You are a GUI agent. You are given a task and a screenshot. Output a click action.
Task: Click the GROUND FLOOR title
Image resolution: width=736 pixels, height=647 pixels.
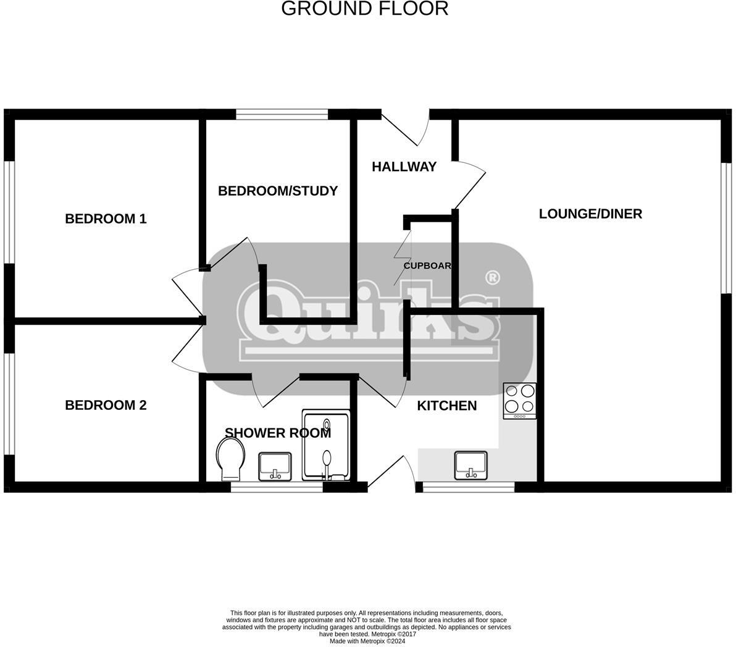click(x=364, y=9)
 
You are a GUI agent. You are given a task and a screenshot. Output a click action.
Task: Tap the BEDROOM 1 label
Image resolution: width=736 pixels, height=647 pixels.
click(x=106, y=219)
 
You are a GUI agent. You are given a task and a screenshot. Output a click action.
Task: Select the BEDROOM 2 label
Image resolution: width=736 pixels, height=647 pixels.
click(x=106, y=405)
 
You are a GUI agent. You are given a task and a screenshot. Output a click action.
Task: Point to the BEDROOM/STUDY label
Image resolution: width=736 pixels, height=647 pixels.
click(x=278, y=191)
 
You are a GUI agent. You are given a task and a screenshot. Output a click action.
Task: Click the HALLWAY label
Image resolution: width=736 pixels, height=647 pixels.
click(x=404, y=167)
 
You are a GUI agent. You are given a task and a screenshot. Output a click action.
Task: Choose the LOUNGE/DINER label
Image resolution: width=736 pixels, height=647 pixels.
click(x=590, y=214)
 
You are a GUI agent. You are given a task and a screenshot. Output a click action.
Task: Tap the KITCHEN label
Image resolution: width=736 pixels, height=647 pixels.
click(x=446, y=406)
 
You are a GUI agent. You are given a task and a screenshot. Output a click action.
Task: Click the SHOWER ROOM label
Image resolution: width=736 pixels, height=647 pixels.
click(x=277, y=433)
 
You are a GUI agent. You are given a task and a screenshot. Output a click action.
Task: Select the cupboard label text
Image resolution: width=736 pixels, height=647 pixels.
click(x=427, y=265)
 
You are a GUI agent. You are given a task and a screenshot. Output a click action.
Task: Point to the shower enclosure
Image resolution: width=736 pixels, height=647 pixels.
click(x=326, y=445)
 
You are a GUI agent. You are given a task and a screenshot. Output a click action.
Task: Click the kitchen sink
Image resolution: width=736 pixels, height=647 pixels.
click(x=470, y=464)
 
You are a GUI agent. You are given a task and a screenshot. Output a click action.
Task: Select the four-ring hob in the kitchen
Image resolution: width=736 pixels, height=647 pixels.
click(x=520, y=400)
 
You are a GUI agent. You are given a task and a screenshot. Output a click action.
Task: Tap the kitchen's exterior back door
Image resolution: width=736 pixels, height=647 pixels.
click(x=393, y=473)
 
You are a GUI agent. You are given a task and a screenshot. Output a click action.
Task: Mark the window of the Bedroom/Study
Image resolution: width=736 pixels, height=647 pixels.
click(x=282, y=114)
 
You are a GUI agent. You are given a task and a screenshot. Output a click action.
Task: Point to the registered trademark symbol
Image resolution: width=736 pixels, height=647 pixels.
click(x=493, y=278)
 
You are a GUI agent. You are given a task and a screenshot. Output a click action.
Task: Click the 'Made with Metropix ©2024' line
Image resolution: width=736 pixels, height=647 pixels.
click(x=367, y=641)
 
